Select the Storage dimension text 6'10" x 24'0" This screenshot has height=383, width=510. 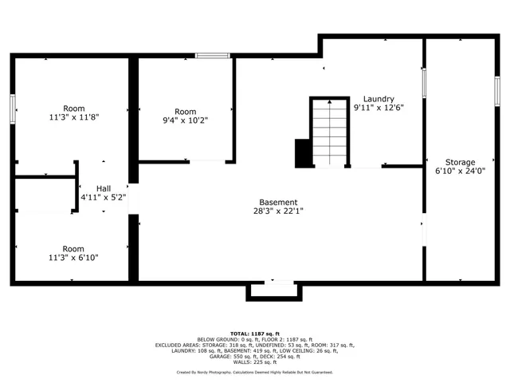460,171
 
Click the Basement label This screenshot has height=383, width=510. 278,202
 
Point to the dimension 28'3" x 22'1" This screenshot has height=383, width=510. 278,211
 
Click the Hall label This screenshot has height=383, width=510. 104,188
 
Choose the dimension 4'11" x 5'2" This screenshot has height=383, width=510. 104,196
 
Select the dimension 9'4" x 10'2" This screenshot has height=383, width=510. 185,120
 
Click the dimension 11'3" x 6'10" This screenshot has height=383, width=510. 73,258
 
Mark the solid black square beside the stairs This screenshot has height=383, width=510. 303,153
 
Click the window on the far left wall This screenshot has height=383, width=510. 13,109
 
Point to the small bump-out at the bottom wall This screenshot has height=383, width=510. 275,291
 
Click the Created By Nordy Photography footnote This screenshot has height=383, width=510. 254,372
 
